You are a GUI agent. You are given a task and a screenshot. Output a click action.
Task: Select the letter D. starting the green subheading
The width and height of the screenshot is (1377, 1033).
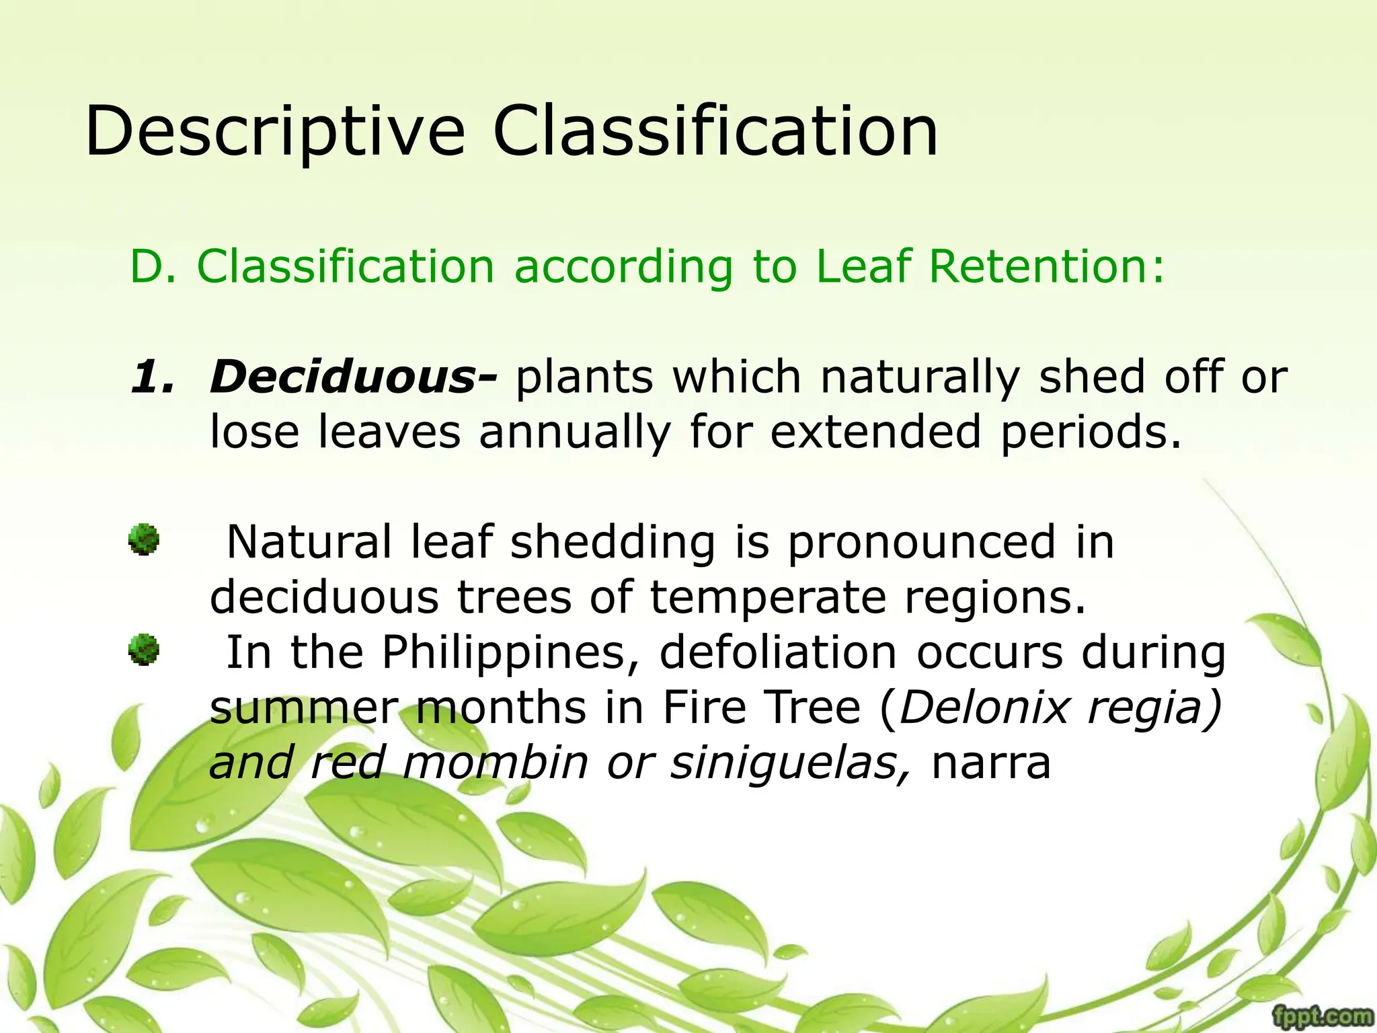(153, 266)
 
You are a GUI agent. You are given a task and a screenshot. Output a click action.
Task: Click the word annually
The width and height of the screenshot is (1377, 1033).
(575, 432)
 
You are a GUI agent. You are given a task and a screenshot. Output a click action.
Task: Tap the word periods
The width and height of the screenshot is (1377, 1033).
(1089, 432)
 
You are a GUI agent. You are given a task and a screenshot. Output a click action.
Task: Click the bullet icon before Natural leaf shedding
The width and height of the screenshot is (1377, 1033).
(144, 540)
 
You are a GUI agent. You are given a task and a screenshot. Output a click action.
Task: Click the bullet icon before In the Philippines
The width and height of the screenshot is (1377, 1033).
(144, 650)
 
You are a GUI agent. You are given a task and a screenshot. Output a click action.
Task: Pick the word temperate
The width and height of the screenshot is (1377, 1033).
(769, 598)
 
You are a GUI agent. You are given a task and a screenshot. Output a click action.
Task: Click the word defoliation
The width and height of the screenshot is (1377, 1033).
(779, 653)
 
